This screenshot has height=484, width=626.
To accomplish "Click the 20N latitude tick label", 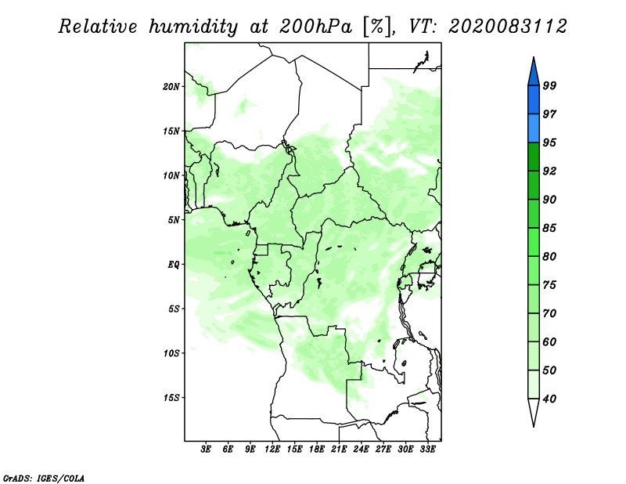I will tap(171, 86).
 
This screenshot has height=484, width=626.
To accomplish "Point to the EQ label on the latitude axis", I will tap(174, 265).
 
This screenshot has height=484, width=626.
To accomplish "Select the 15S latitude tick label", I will tap(171, 398).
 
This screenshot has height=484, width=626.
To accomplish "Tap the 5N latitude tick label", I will tap(174, 220).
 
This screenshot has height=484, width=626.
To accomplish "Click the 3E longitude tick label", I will tap(207, 450).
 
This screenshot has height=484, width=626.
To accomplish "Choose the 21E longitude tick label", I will tap(339, 450).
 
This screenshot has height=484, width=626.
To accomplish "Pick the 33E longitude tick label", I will tap(427, 450).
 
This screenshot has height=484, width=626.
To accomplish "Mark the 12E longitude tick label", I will tap(272, 450).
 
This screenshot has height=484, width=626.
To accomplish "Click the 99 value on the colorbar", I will tap(549, 86).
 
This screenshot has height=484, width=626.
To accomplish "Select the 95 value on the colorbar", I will tap(549, 143).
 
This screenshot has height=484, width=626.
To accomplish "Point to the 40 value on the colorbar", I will tap(549, 399).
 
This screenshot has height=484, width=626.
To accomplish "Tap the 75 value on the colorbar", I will tap(549, 285).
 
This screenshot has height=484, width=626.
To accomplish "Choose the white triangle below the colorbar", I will tap(533, 413).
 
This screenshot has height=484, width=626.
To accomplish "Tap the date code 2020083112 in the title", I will tap(508, 27).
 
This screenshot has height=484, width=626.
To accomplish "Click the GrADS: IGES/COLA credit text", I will tap(43, 477).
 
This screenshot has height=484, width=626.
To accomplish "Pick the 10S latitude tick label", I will tap(171, 353).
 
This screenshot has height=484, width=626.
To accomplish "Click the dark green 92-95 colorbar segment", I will tap(533, 157).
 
